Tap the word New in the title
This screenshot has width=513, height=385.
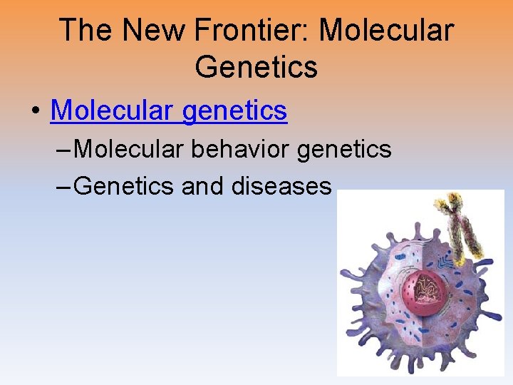coord(145,31)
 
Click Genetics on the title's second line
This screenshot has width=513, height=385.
coord(256,67)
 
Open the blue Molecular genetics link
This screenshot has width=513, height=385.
coord(169,111)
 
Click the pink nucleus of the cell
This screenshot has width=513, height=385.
coord(421,292)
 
